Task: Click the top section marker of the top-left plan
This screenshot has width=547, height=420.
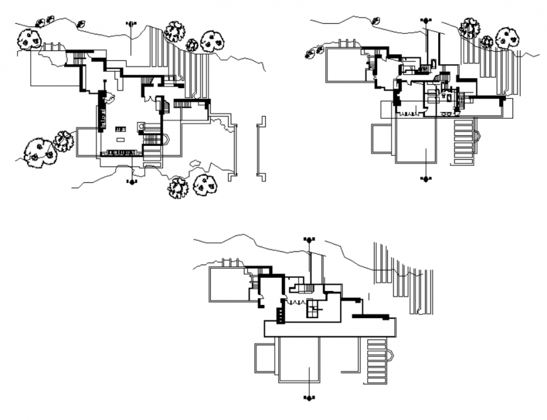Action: pos(131,24)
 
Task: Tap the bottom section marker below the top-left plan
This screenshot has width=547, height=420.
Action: pos(131,182)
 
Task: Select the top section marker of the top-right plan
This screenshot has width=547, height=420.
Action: pos(426,21)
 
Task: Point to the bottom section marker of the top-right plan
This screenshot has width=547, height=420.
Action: pos(426,179)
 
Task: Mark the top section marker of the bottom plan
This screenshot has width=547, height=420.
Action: pos(309,240)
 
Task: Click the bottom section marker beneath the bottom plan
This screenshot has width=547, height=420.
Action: pos(309,398)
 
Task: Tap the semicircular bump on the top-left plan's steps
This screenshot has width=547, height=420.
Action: pos(167,140)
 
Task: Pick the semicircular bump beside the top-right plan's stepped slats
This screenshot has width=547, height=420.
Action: pos(478,136)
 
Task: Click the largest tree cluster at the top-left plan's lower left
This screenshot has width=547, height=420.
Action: pos(38,152)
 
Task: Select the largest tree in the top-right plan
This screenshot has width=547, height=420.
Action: pos(507,38)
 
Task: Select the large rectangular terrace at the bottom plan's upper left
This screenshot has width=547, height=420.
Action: pos(227,282)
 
